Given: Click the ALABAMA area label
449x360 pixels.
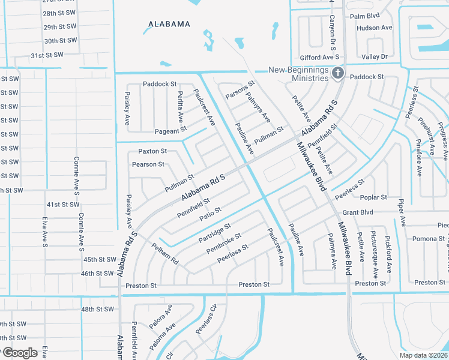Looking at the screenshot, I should click(169, 25).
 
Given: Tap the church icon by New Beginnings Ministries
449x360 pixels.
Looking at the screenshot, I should click(338, 73).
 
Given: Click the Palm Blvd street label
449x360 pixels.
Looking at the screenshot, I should click(365, 16).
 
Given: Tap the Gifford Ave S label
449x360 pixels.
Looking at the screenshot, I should click(320, 57).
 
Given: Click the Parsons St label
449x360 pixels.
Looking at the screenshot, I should click(240, 90).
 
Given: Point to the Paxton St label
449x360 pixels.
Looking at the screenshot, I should click(152, 151).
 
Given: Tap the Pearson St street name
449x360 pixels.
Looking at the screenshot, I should click(148, 164).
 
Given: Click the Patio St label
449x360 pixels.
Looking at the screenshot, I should click(211, 212).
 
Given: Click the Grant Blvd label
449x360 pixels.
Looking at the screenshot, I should click(358, 212).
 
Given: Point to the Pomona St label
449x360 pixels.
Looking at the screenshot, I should click(428, 239).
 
